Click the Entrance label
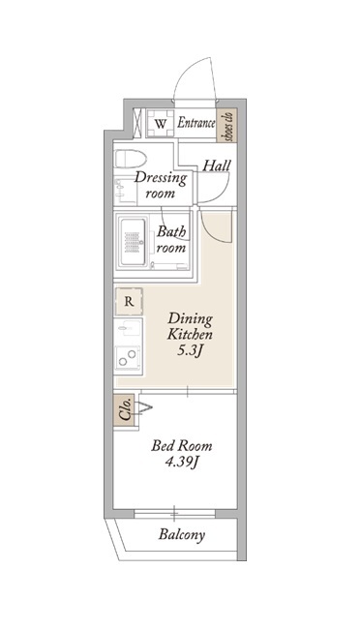(x=195, y=123)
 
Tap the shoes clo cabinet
(x=226, y=125)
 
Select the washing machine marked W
(x=160, y=124)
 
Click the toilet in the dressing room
(x=130, y=159)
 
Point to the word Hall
(x=217, y=165)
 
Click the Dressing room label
(x=161, y=185)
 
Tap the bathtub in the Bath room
(x=133, y=242)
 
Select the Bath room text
(x=171, y=239)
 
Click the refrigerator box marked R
(x=129, y=301)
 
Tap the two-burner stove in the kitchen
(x=129, y=358)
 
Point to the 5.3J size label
(x=189, y=351)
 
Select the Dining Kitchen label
(x=190, y=326)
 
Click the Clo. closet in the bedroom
(x=126, y=410)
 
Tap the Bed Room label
(x=181, y=446)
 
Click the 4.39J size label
(x=182, y=463)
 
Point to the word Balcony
(x=181, y=534)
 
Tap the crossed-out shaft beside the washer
(x=138, y=124)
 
